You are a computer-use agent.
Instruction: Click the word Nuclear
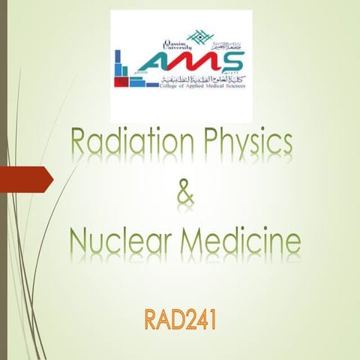(121, 241)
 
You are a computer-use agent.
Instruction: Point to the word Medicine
(242, 241)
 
